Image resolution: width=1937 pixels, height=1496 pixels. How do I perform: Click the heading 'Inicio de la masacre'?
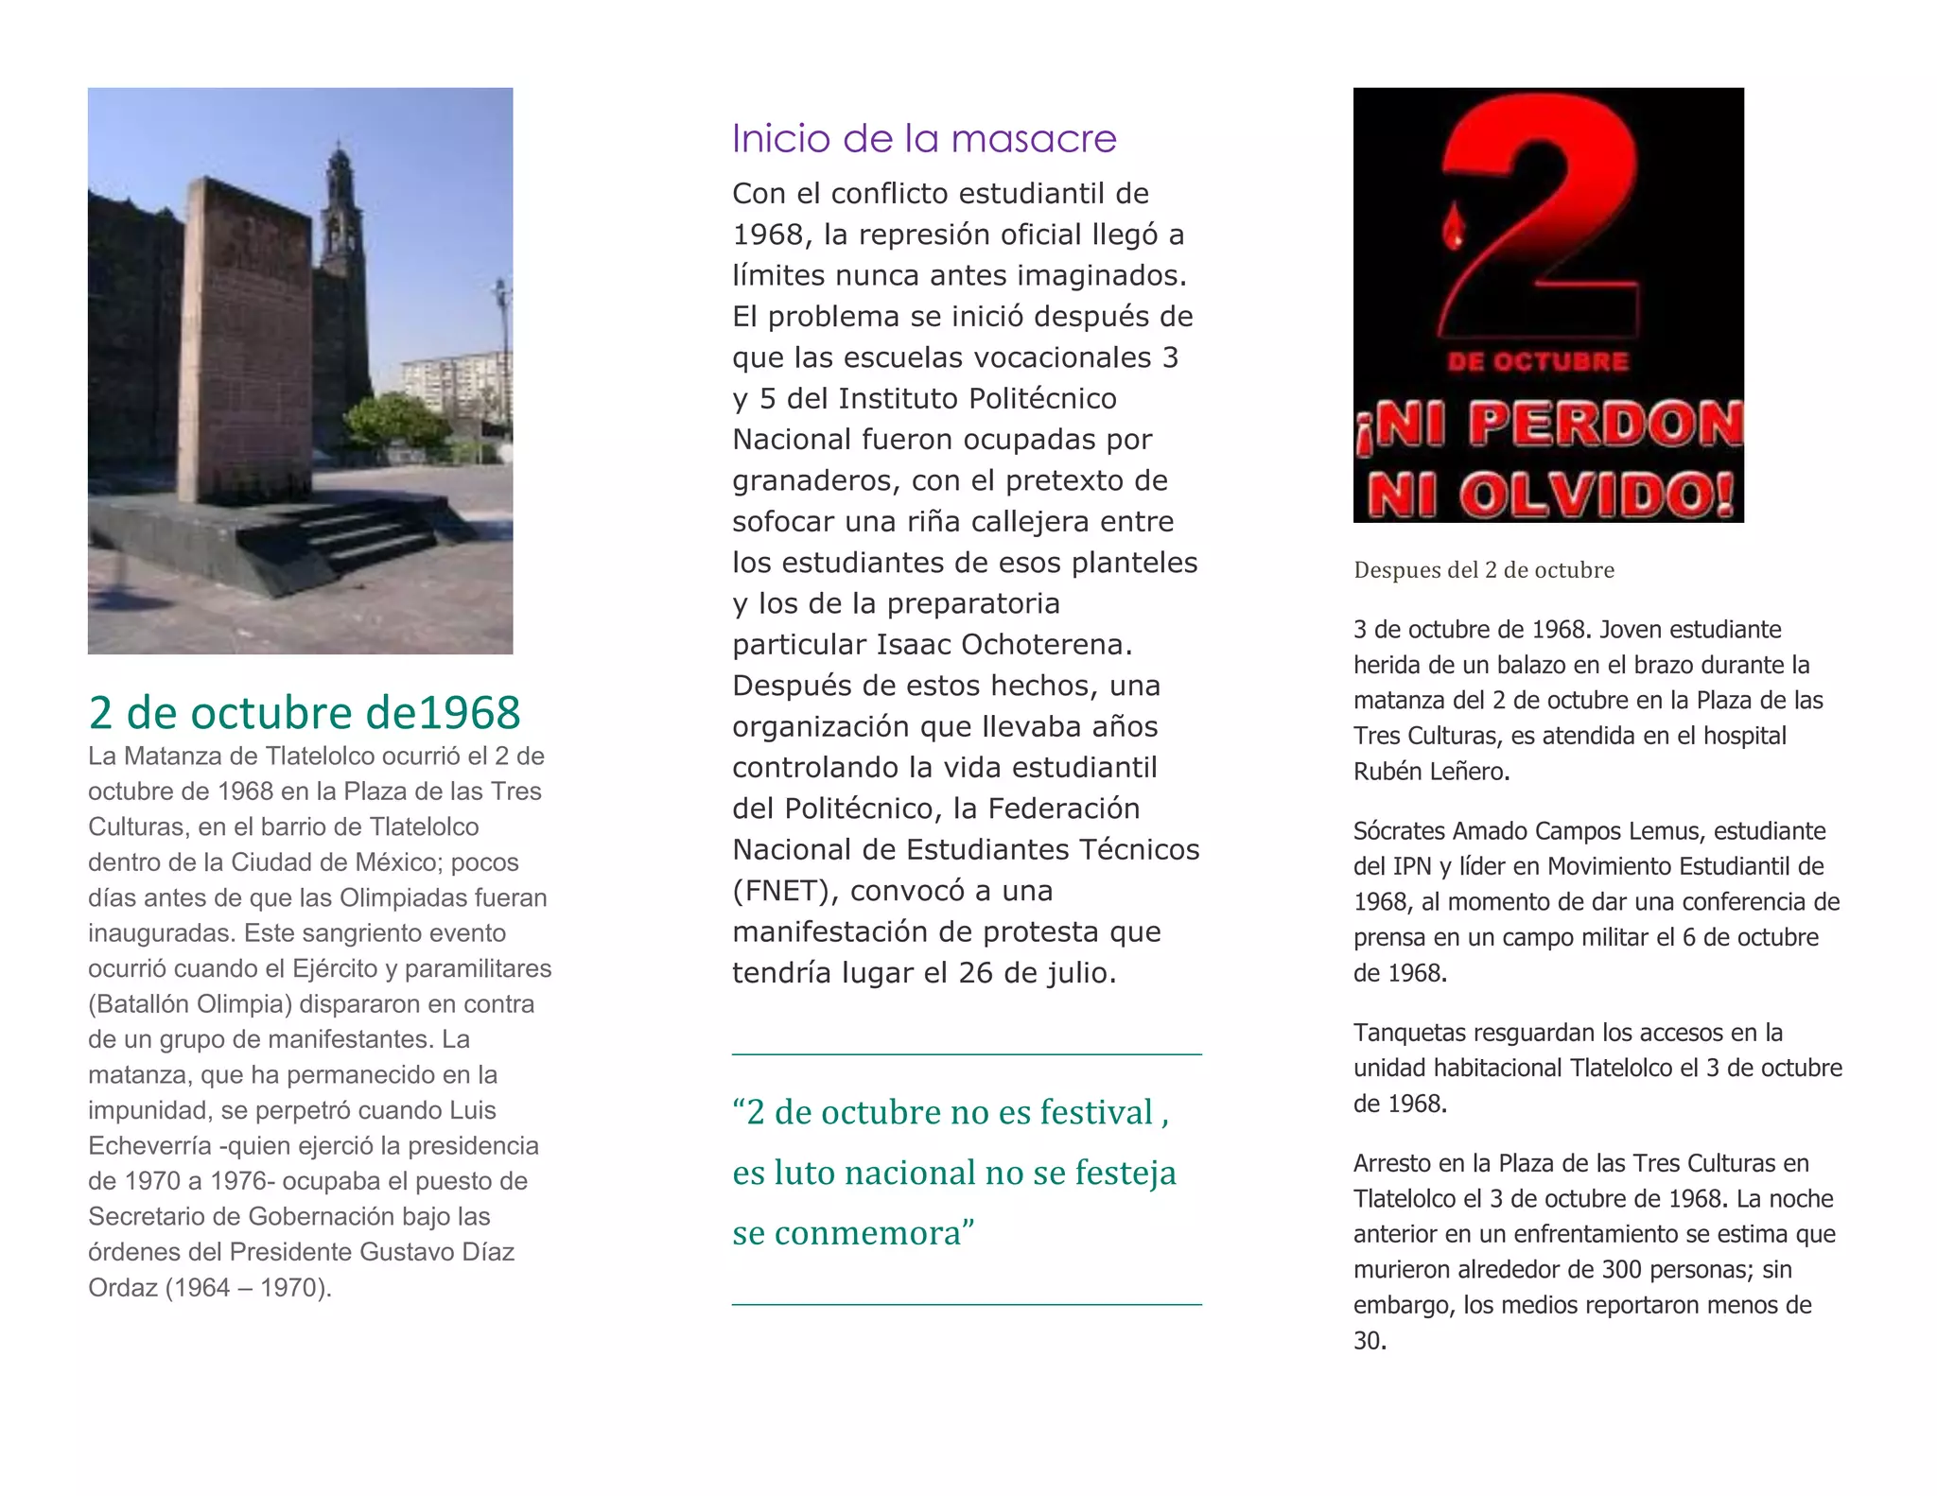click(924, 139)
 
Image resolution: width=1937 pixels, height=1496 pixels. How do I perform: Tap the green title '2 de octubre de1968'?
click(304, 713)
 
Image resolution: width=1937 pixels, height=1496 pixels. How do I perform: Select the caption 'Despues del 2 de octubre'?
click(1483, 570)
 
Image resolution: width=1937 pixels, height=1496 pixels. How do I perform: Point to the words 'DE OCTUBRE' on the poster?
click(1538, 361)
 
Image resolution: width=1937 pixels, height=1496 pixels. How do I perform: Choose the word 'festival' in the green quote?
click(1095, 1113)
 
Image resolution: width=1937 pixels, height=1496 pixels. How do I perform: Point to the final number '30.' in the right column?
click(1370, 1341)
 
